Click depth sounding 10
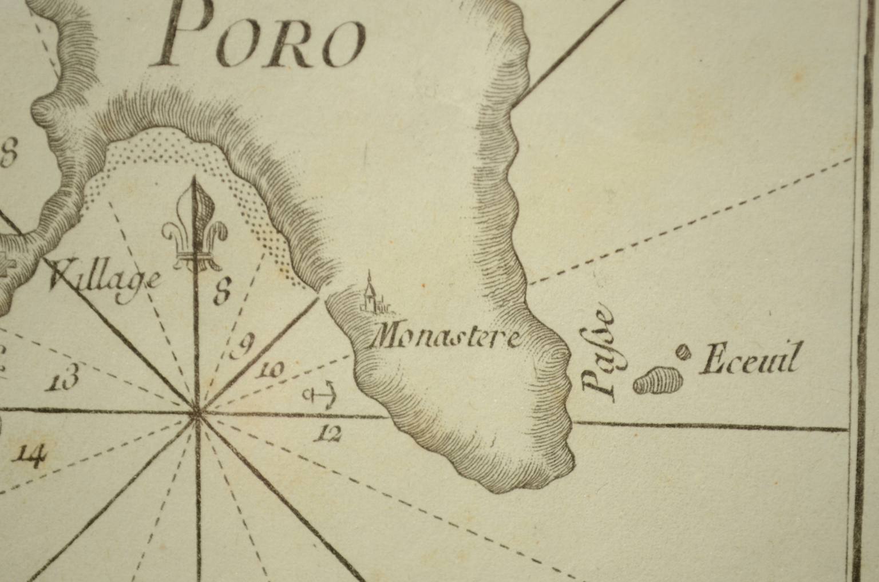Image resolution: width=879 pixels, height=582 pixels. pyautogui.click(x=270, y=371)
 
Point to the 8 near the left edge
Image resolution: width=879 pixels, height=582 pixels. pyautogui.click(x=9, y=154)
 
